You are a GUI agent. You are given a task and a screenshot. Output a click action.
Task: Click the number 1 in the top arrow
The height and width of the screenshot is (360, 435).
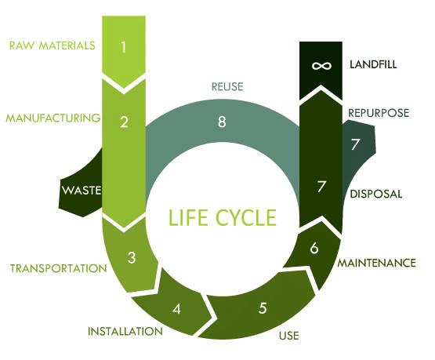124,47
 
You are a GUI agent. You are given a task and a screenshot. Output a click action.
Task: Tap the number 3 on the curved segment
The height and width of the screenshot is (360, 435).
132,257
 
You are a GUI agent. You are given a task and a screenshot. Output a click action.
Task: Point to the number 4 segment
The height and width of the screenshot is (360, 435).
176,307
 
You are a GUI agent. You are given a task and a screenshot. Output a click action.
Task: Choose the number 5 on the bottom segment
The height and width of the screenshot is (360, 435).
262,308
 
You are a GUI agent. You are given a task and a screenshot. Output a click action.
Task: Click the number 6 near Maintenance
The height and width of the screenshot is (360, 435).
314,248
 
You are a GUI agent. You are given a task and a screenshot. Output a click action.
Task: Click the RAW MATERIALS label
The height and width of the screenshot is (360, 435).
52,45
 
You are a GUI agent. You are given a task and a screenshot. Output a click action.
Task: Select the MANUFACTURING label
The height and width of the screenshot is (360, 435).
53,118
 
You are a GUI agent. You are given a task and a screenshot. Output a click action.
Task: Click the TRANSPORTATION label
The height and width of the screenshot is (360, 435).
58,268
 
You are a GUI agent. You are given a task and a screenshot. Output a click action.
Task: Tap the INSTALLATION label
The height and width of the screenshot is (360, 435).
126,331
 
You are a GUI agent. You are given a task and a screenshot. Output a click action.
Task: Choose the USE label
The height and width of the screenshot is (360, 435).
288,338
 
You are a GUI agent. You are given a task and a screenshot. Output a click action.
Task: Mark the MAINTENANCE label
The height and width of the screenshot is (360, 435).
376,263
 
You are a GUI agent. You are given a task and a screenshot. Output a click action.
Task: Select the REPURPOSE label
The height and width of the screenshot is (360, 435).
378,113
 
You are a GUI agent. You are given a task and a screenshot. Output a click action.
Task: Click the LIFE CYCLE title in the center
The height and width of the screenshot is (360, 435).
223,216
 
